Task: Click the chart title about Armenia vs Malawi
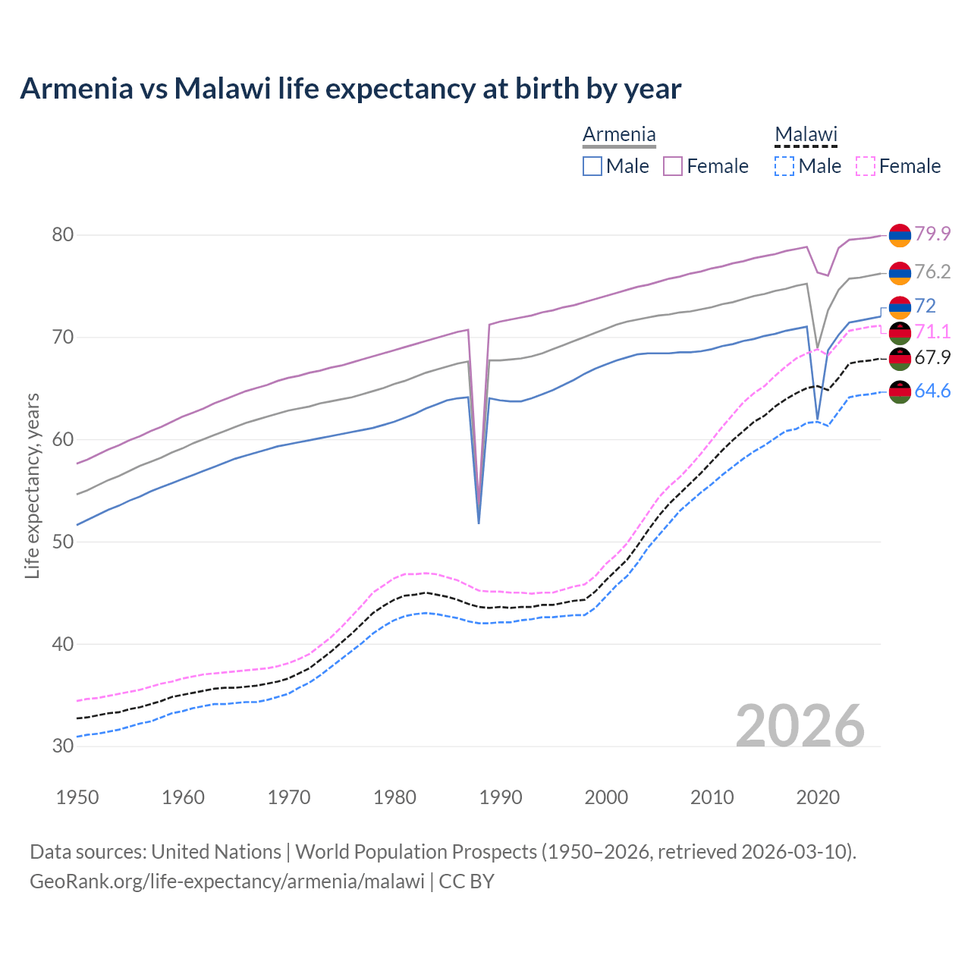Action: tap(350, 89)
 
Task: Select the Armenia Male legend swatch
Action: tap(592, 166)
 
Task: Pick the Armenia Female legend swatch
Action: tap(673, 166)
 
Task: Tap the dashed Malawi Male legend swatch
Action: tap(784, 166)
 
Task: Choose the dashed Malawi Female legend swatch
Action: tap(866, 166)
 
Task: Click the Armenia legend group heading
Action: tap(619, 135)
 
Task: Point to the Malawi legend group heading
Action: tap(806, 135)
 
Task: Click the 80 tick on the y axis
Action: tap(63, 235)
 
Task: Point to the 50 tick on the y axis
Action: tap(63, 542)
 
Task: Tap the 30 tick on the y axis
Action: tap(63, 746)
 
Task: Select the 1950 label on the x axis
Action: tap(77, 797)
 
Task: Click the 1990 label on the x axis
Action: tap(501, 797)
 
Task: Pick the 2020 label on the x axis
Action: tap(818, 797)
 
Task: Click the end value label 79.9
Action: tap(932, 234)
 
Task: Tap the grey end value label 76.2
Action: tap(932, 272)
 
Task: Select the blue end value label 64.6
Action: tap(932, 391)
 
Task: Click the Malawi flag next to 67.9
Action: tap(900, 357)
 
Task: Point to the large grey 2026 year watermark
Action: tap(800, 726)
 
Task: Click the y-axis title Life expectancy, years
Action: tap(33, 485)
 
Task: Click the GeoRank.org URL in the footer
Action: tap(227, 881)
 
